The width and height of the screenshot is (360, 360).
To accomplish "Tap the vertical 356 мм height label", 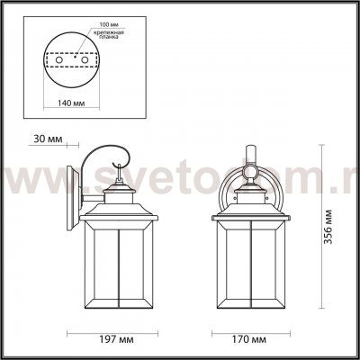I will tap(336, 236).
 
